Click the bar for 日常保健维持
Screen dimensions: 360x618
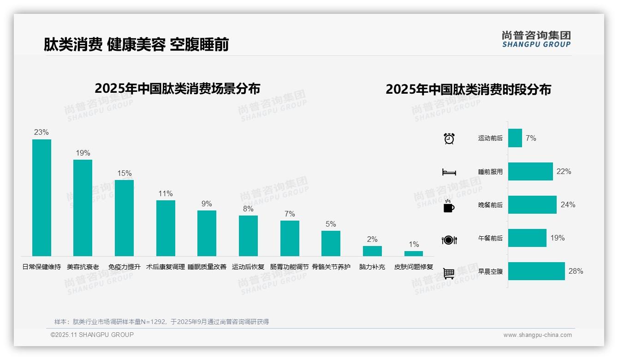point(42,198)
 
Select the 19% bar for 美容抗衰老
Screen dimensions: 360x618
point(83,208)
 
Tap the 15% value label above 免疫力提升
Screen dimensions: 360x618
point(125,174)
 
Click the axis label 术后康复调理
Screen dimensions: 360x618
point(166,267)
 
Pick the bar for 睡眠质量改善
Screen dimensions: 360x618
point(207,233)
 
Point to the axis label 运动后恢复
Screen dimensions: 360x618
point(248,267)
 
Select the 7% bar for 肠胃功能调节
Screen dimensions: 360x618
point(290,238)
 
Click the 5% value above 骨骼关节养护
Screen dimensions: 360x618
point(331,224)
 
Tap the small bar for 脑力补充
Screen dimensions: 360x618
point(372,251)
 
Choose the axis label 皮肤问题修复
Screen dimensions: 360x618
point(414,267)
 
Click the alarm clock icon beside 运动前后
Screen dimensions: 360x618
point(449,138)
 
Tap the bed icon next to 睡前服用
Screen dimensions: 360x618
point(449,172)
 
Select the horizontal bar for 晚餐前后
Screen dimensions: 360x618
point(532,205)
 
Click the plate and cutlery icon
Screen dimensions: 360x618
point(449,240)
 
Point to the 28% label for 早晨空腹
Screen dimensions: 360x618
point(576,271)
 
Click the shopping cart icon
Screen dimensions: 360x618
point(449,273)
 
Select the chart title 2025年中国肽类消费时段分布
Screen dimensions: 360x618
point(468,90)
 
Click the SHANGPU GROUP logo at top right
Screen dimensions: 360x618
point(536,39)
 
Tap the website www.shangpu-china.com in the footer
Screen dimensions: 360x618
point(537,335)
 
